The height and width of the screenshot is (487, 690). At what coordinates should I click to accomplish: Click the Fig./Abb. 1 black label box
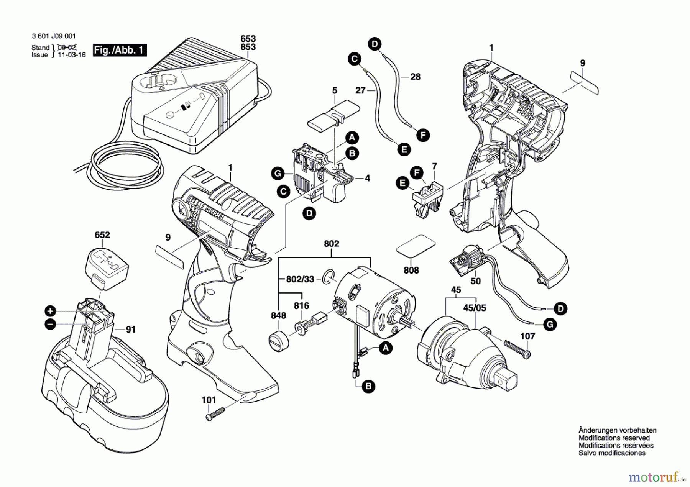(x=120, y=50)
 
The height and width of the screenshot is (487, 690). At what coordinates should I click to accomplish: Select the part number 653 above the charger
(x=248, y=39)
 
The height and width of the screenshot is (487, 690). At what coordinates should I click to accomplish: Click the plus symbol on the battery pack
(x=50, y=311)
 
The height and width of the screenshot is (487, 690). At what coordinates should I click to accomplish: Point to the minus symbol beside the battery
(x=50, y=324)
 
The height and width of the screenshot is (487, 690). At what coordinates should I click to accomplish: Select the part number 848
(x=278, y=315)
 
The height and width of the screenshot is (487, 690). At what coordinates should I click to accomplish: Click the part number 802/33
(x=300, y=279)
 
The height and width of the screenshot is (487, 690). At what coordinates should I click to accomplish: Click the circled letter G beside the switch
(x=278, y=174)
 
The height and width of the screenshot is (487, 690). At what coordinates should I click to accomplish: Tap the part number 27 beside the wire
(x=360, y=90)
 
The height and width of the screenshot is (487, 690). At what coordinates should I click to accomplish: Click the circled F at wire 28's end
(x=423, y=135)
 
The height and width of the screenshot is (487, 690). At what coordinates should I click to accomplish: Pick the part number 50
(x=475, y=281)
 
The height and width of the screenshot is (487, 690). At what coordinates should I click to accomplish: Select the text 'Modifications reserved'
(x=614, y=438)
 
